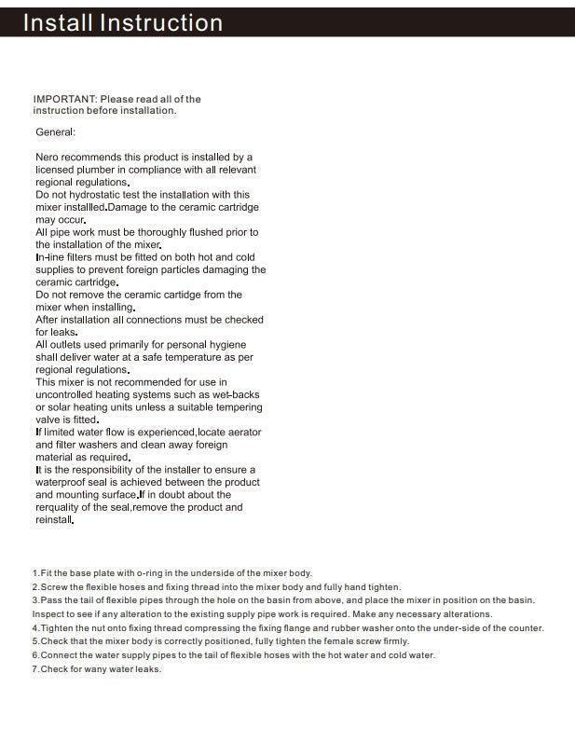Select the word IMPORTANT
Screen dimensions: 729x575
64,99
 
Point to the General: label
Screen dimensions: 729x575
55,132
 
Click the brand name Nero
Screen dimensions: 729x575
48,158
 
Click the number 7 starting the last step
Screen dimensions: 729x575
34,669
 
